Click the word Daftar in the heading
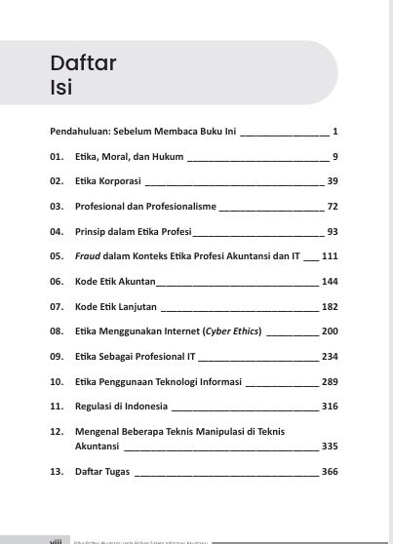(84, 64)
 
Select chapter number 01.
(56, 156)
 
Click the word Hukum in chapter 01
(154, 156)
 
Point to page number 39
(332, 181)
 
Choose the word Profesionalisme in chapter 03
(182, 207)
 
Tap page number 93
(332, 232)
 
